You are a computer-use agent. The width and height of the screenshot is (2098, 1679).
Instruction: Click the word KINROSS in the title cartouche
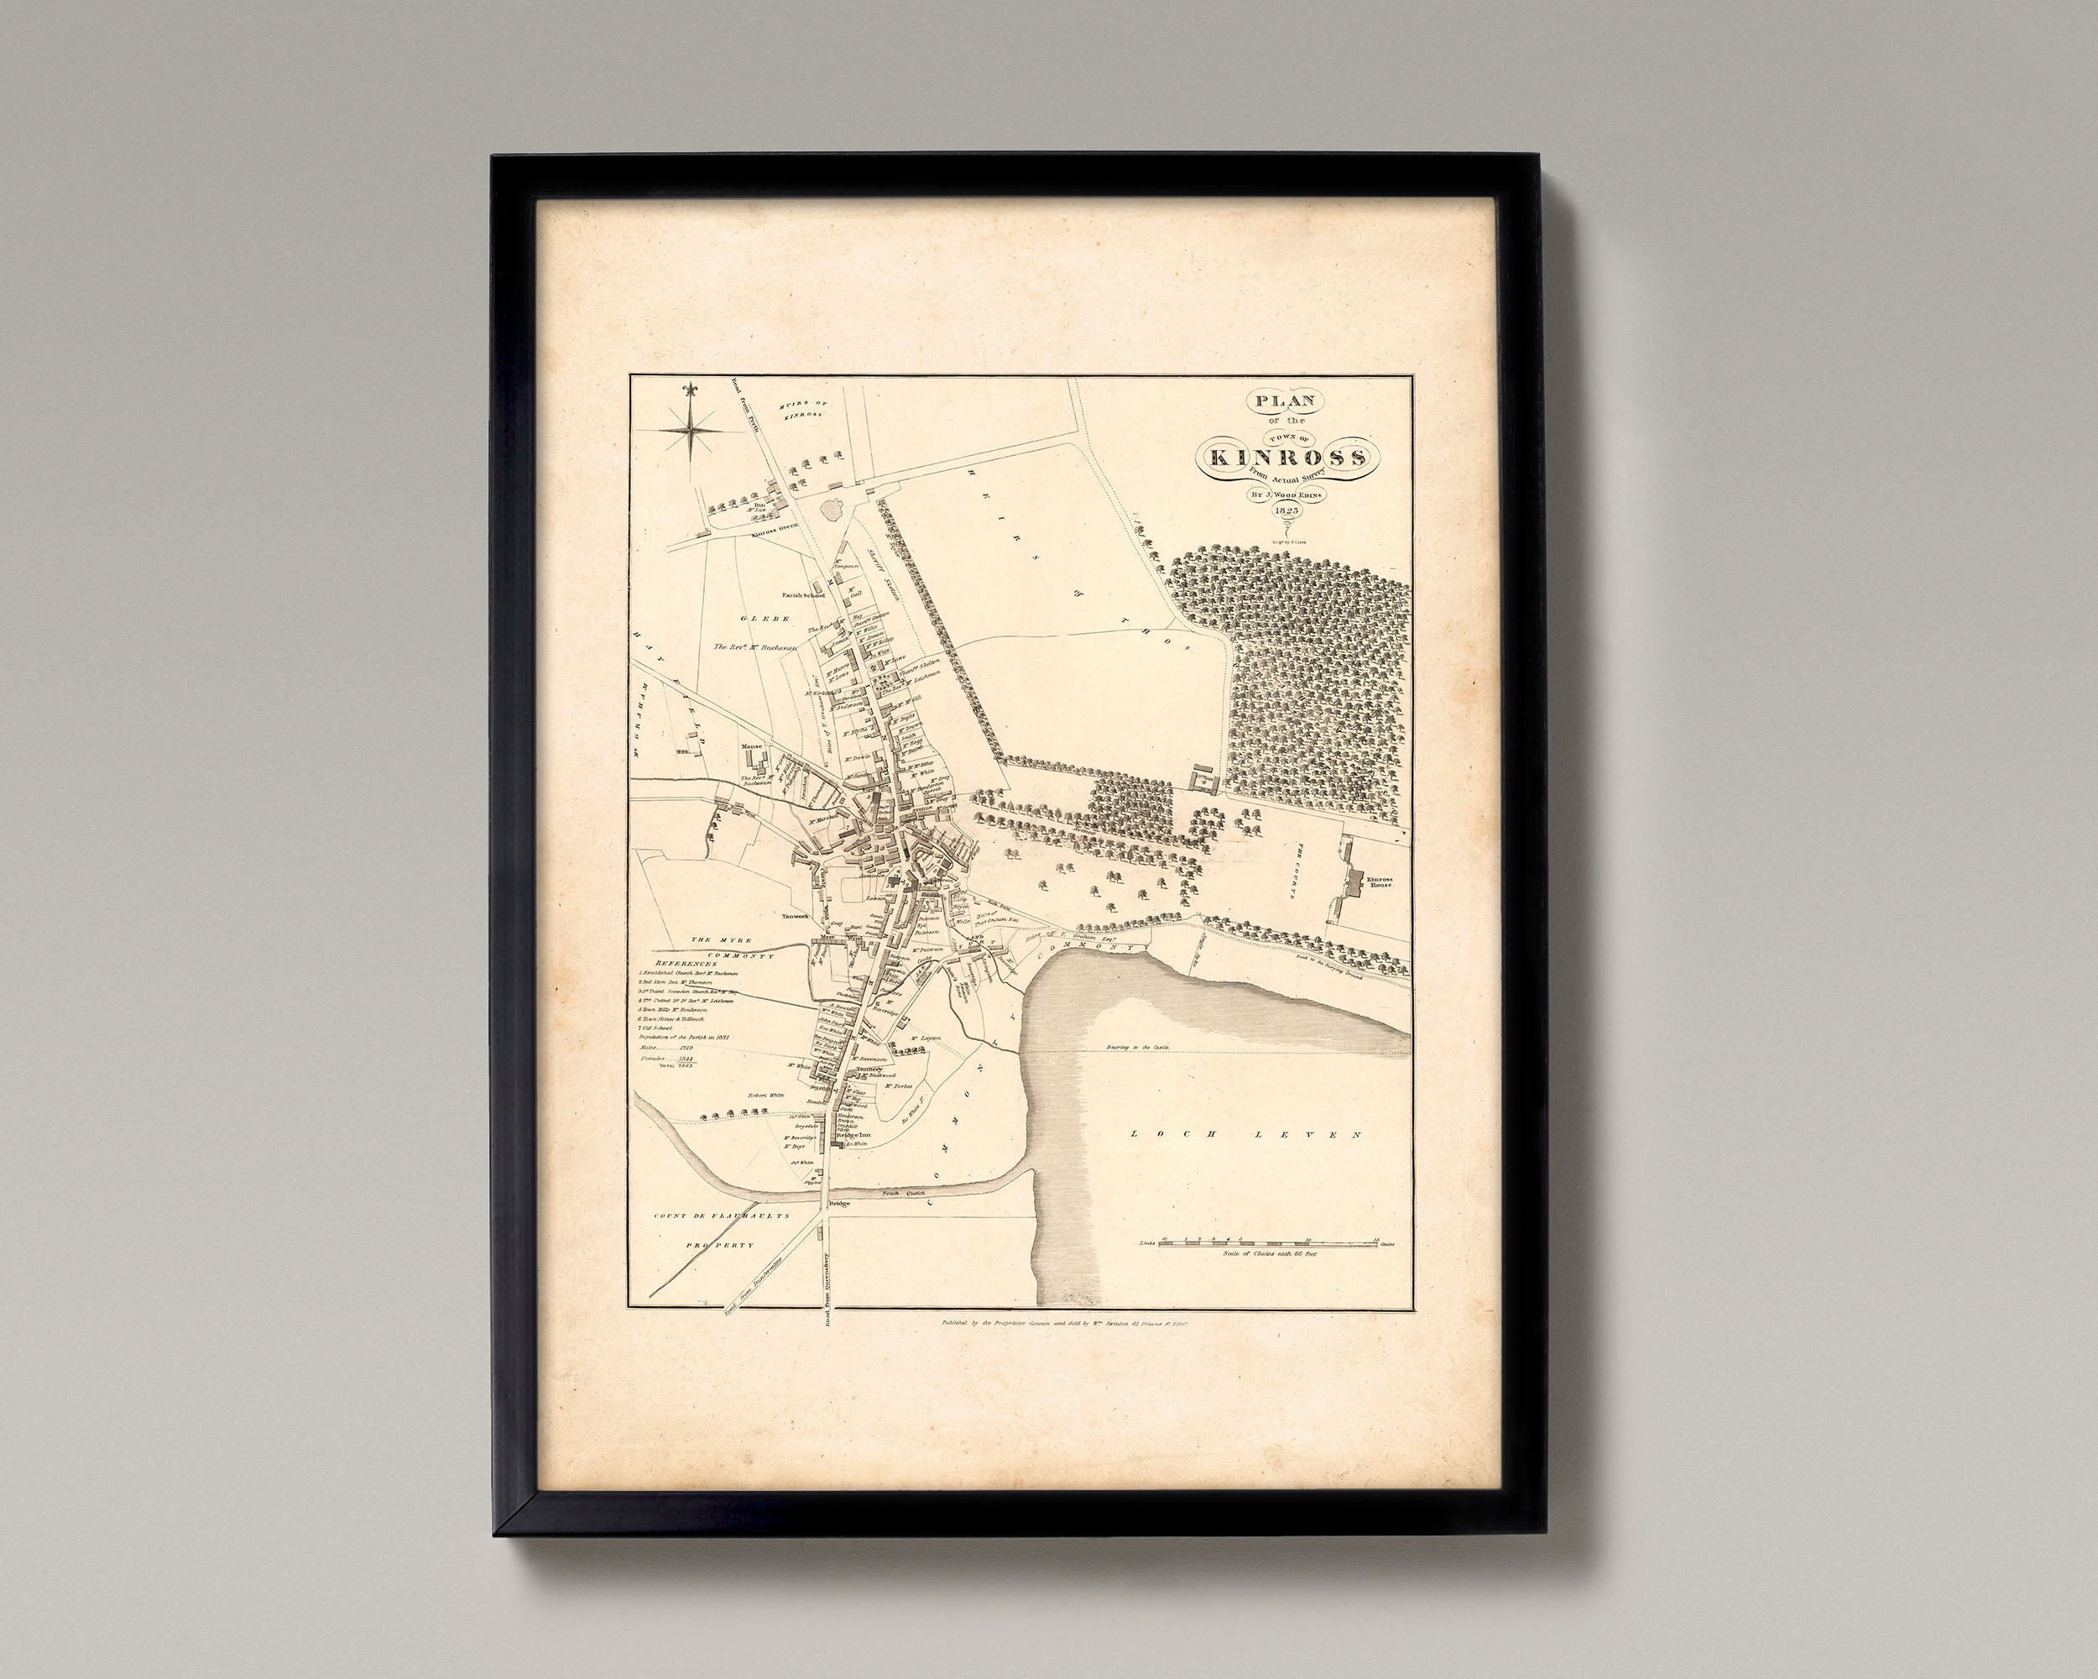tap(1288, 457)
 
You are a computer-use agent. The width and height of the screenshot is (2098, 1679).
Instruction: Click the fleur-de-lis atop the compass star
tap(691, 390)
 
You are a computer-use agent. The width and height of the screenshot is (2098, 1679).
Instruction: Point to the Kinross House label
tap(1378, 881)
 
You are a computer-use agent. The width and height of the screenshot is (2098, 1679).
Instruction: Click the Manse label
tap(751, 774)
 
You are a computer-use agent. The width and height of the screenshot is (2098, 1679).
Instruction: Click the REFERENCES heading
tap(686, 964)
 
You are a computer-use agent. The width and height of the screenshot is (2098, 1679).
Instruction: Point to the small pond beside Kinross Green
tap(835, 508)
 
